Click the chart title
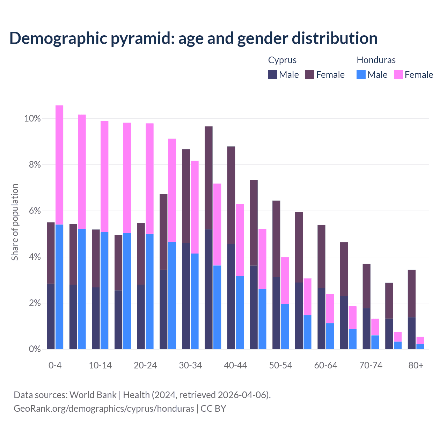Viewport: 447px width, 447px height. [x=193, y=38]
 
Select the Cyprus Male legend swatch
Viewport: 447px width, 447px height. [x=273, y=74]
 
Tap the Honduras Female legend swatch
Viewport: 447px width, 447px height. [x=398, y=74]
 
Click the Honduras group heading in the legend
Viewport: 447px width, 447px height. [x=376, y=60]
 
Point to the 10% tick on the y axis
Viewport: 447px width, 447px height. [x=32, y=119]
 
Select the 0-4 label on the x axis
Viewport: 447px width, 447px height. [x=55, y=365]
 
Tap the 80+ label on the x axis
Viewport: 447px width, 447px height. [x=416, y=365]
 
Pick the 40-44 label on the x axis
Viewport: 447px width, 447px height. [x=235, y=365]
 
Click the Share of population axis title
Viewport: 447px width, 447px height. [x=15, y=222]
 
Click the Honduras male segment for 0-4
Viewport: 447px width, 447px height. [x=59, y=286]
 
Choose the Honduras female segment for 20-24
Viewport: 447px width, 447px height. [x=149, y=178]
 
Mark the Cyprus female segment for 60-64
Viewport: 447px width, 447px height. [x=321, y=256]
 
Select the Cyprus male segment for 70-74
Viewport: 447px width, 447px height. [x=366, y=329]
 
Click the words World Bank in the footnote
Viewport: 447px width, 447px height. [x=93, y=395]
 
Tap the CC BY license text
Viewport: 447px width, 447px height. [x=213, y=409]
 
